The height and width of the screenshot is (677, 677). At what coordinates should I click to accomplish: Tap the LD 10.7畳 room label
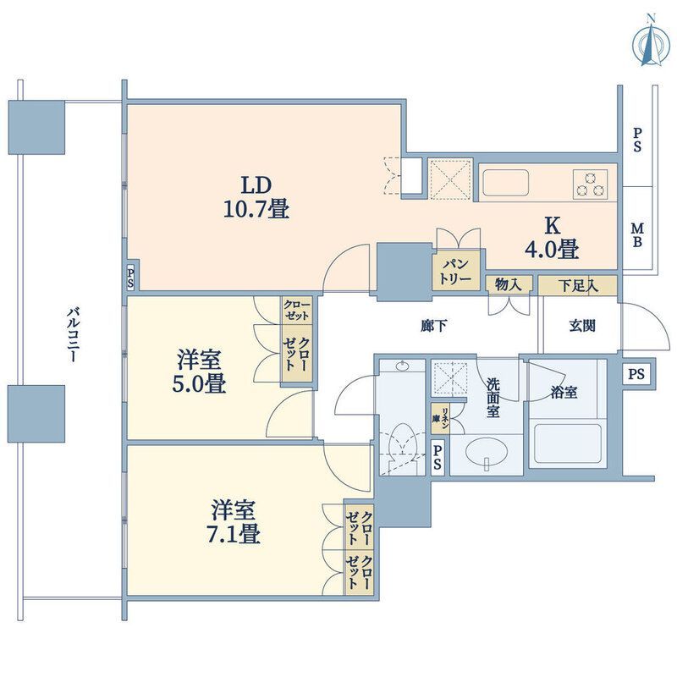click(x=256, y=197)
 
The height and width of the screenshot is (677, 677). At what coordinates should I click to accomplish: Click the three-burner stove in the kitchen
click(x=590, y=184)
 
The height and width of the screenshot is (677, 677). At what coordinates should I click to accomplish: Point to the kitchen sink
click(x=505, y=183)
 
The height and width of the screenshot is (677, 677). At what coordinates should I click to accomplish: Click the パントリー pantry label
click(x=455, y=271)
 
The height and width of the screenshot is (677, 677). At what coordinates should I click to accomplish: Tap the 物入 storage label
click(x=509, y=284)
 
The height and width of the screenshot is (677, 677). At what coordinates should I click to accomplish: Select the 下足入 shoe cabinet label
click(x=578, y=285)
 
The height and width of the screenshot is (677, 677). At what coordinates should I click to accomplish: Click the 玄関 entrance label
click(x=582, y=326)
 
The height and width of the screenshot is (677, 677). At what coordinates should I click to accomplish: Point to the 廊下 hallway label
click(x=433, y=326)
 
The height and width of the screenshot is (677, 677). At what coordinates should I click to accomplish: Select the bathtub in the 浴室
click(x=568, y=444)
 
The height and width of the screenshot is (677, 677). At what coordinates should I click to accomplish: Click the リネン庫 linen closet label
click(x=441, y=418)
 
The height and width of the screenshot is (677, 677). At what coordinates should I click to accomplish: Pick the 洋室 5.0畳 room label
click(x=199, y=372)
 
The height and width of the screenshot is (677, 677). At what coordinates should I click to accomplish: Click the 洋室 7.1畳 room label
click(x=235, y=521)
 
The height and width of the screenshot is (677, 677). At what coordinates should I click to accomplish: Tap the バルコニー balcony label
click(x=73, y=333)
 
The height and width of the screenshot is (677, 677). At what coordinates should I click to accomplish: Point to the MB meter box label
click(x=637, y=234)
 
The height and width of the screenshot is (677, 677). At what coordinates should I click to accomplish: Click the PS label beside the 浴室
click(x=636, y=373)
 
